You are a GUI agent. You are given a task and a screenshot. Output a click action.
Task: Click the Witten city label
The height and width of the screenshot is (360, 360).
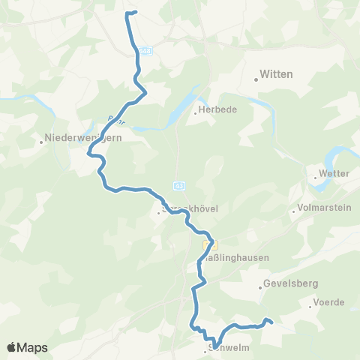tap(275, 74)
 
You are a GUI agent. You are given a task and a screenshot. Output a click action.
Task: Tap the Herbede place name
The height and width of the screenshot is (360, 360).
tap(218, 109)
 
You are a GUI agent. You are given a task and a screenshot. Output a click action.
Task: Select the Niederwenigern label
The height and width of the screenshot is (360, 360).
tap(77, 138)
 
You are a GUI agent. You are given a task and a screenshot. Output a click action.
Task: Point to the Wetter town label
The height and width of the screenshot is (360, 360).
tap(334, 173)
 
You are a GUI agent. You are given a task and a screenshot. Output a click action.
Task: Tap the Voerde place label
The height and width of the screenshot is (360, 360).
tap(330, 302)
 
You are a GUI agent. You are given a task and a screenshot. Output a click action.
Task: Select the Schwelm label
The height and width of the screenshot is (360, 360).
tap(226, 348)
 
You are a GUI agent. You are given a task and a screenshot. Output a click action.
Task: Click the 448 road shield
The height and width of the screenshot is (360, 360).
tap(145, 50)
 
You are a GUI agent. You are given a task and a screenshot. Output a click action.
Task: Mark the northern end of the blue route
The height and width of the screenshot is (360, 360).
tap(136, 12)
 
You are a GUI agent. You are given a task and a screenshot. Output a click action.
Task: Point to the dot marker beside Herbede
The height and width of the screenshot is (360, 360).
tap(196, 114)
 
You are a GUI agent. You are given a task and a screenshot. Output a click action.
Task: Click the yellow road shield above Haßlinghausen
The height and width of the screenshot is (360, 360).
tap(211, 244)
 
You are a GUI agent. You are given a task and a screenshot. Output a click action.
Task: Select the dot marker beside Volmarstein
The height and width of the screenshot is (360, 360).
tap(293, 212)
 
